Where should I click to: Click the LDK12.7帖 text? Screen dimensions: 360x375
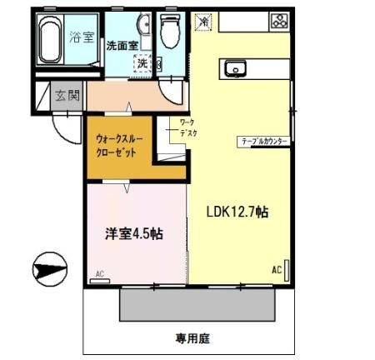point(237,212)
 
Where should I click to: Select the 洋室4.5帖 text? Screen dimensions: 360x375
point(132,234)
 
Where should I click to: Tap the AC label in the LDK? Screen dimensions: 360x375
point(276,270)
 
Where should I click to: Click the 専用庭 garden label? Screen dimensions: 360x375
point(191,338)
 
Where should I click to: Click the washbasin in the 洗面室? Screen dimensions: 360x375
point(143,27)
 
